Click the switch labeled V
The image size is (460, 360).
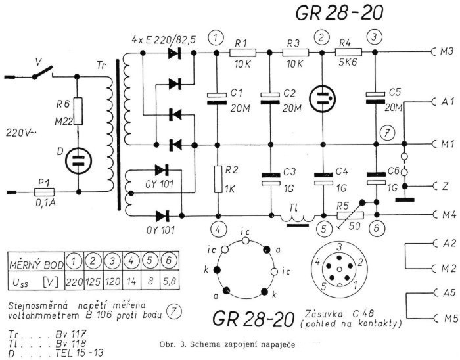pos(42,72)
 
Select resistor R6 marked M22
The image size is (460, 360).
pos(78,112)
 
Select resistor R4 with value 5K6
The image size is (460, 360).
pos(347,51)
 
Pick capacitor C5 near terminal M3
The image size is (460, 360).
pos(375,99)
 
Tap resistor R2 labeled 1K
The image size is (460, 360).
pos(217,178)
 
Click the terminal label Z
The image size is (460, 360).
pos(445,187)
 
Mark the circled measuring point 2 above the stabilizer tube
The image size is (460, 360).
pos(321,37)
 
